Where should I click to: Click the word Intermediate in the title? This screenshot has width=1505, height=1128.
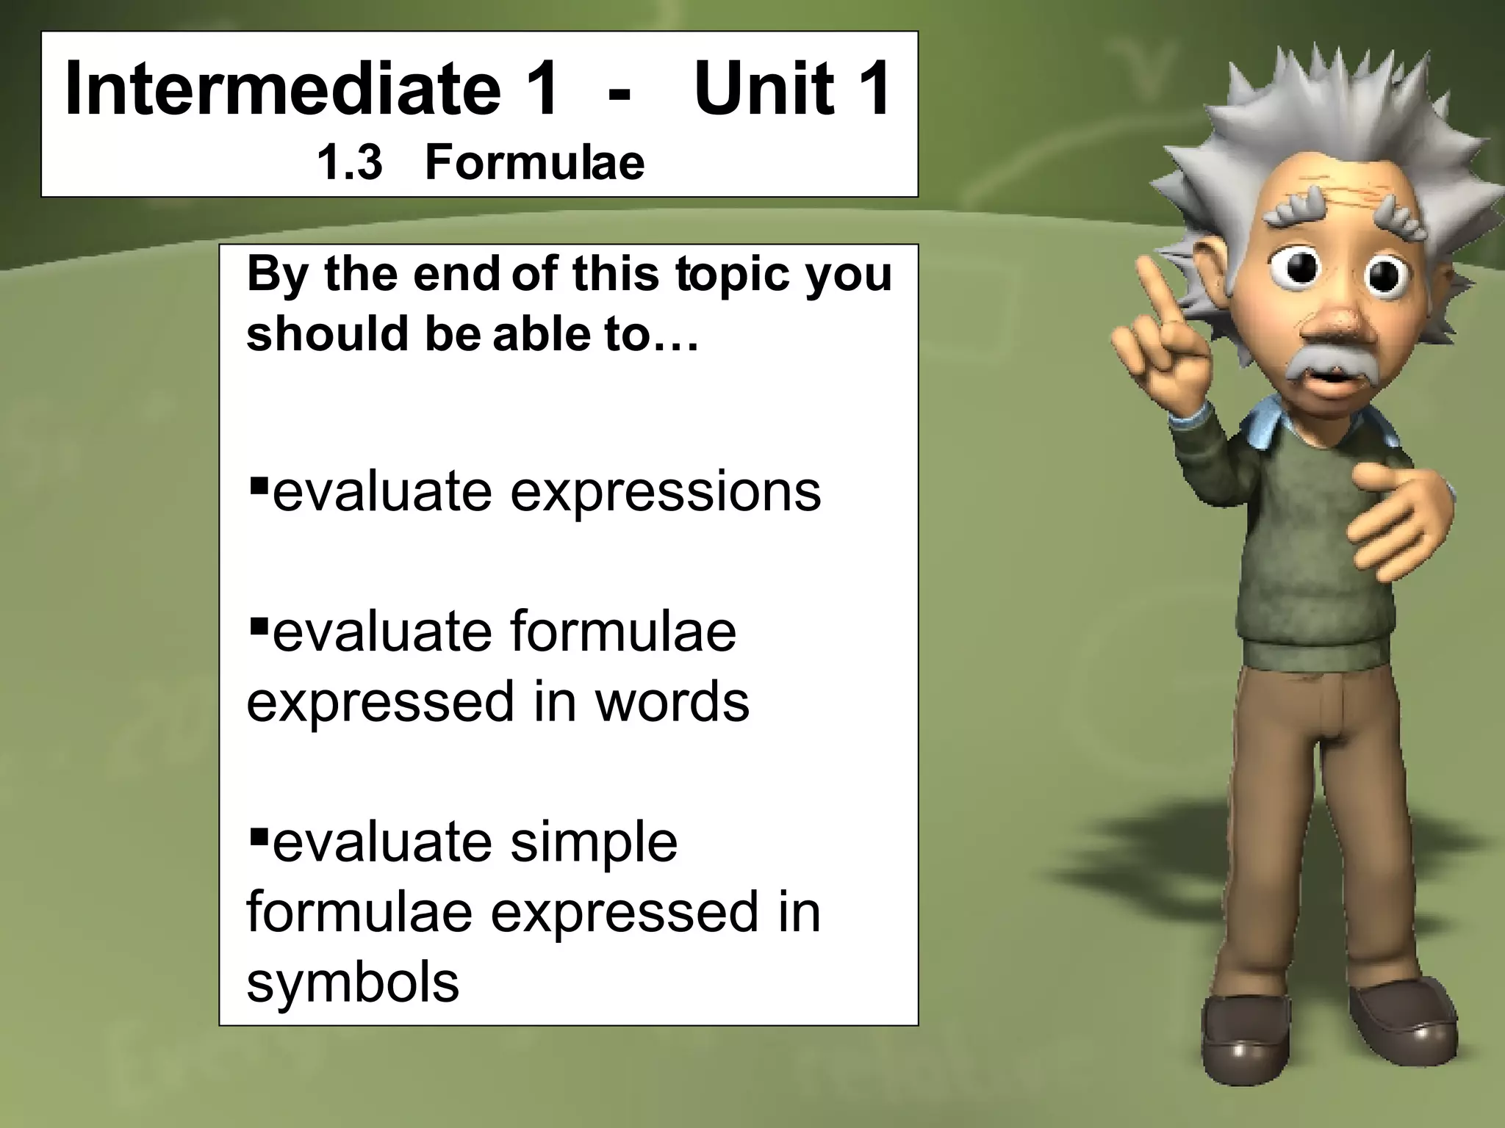(283, 90)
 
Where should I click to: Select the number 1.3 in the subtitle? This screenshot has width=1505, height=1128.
(349, 162)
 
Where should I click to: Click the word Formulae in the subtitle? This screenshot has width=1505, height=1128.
(534, 162)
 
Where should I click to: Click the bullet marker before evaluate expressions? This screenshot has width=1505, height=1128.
(256, 485)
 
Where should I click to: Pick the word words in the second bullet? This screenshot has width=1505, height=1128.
(672, 701)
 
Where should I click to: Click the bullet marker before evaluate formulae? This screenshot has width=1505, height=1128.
(256, 626)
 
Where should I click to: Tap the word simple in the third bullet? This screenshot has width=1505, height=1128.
(594, 842)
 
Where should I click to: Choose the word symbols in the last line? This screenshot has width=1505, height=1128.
(353, 982)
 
